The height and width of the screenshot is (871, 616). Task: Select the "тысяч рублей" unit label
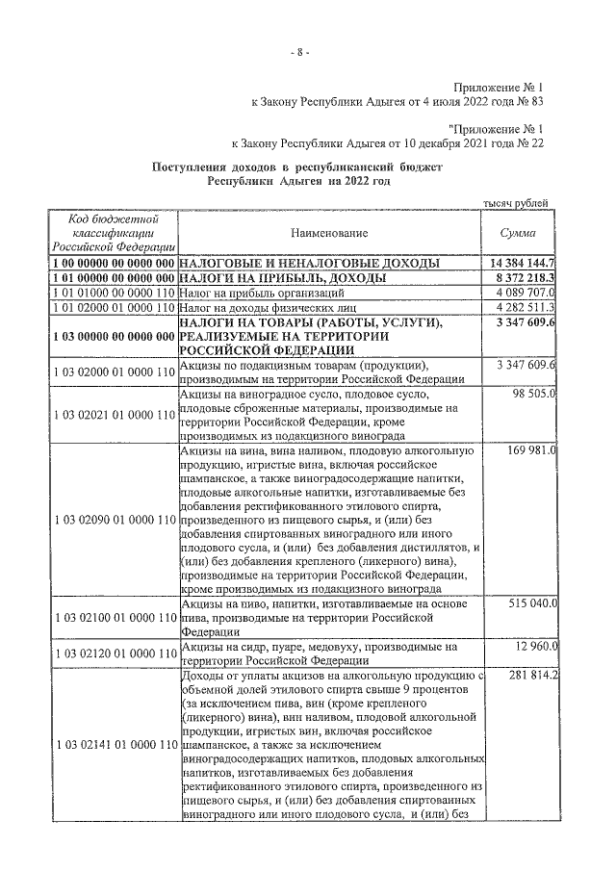pyautogui.click(x=515, y=202)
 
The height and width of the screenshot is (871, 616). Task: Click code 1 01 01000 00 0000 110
pyautogui.click(x=114, y=292)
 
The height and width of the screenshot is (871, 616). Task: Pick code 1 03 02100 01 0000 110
pyautogui.click(x=114, y=616)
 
